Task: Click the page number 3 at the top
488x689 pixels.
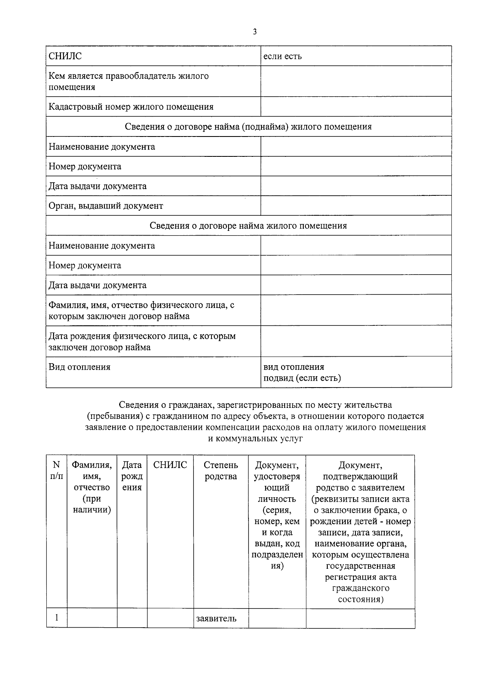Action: point(255,32)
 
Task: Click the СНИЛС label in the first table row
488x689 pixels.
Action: point(65,56)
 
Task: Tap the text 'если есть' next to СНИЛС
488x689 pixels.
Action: point(283,56)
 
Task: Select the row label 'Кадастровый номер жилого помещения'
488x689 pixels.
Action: point(131,107)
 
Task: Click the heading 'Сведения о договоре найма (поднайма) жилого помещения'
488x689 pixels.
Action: point(248,127)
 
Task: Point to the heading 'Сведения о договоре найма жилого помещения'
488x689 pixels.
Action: point(248,226)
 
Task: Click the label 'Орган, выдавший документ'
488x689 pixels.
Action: point(106,206)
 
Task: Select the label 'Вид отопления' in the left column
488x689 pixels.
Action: point(79,367)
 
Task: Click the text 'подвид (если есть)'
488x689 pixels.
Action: point(302,378)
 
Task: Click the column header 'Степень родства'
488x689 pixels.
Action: point(220,471)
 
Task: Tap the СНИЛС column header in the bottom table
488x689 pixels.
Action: point(170,465)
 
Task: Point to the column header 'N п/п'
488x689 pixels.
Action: point(57,471)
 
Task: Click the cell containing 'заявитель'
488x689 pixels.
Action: point(216,619)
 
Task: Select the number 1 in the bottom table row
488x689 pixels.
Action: point(57,618)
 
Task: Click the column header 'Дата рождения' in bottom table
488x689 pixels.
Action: point(132,476)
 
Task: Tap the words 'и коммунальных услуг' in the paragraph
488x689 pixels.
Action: point(255,439)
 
